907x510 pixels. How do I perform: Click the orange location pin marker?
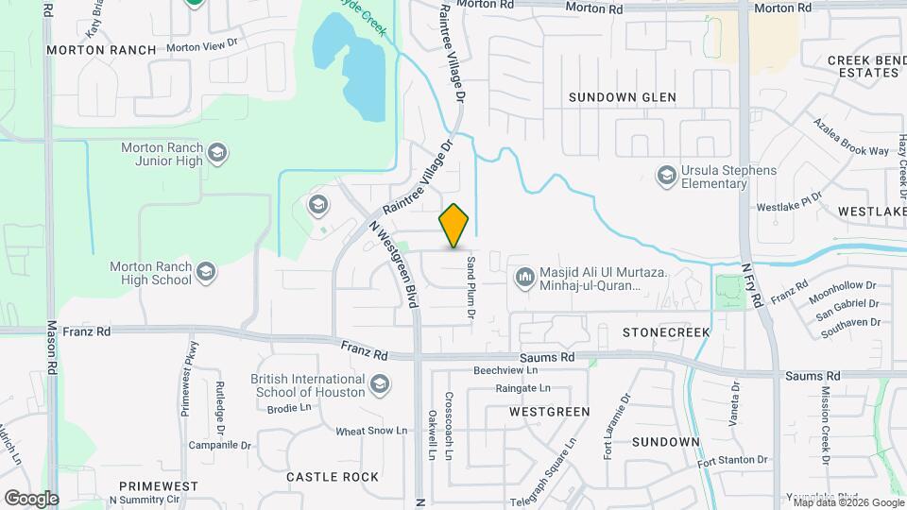[x=454, y=226]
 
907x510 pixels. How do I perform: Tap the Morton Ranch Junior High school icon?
[x=218, y=153]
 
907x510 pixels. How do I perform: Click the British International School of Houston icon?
[x=380, y=383]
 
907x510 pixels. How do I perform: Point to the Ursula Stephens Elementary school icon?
[x=667, y=175]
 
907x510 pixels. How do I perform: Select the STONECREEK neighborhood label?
[x=666, y=332]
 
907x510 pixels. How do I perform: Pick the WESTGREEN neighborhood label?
[x=549, y=412]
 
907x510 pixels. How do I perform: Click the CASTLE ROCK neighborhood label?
[x=333, y=477]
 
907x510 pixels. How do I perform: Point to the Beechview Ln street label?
[x=505, y=370]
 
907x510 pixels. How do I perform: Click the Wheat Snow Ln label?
[x=371, y=431]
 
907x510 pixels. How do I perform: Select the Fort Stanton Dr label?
[x=732, y=460]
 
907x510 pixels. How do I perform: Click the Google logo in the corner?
[x=31, y=498]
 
